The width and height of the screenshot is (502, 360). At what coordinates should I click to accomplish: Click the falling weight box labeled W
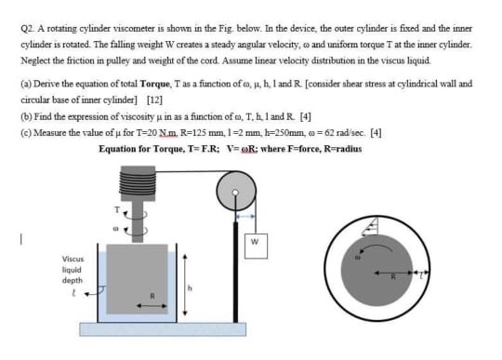tap(253, 244)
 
